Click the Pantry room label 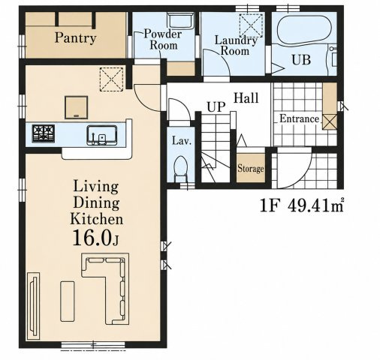[x=75, y=38]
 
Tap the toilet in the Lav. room [x=181, y=169]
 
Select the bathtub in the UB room [x=304, y=29]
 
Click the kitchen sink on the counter [x=102, y=135]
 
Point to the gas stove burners [x=44, y=133]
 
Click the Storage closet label [x=251, y=168]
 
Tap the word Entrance [x=300, y=118]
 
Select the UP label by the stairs [x=216, y=106]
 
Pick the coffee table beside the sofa [x=68, y=301]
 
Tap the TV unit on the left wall [x=33, y=306]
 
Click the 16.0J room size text [x=95, y=238]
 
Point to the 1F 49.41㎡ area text [x=302, y=206]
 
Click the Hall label [x=246, y=97]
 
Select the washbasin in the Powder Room [x=181, y=20]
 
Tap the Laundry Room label [x=236, y=46]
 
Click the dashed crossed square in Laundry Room [x=252, y=25]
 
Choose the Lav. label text [x=182, y=141]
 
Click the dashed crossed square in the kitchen [x=112, y=79]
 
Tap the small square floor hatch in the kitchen [x=77, y=107]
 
